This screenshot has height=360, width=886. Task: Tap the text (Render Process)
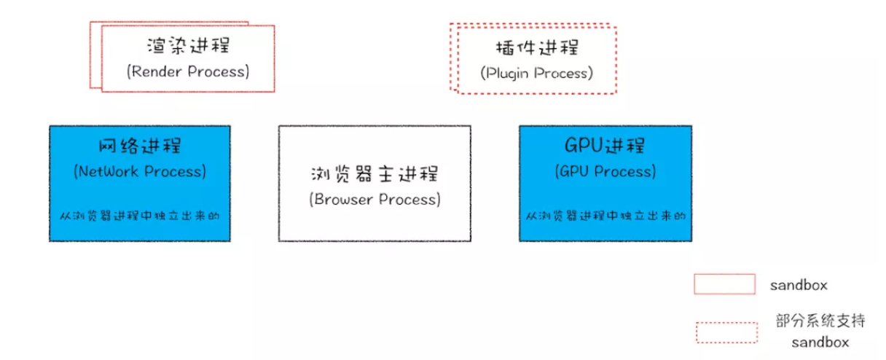pyautogui.click(x=188, y=71)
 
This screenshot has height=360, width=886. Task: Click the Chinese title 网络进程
pyautogui.click(x=140, y=145)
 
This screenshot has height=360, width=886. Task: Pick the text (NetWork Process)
pyautogui.click(x=140, y=171)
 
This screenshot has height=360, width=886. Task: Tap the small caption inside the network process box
pyautogui.click(x=140, y=216)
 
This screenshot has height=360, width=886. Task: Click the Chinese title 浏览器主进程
pyautogui.click(x=375, y=174)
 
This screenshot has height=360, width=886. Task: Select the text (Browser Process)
pyautogui.click(x=375, y=199)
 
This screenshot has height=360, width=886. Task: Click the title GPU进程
pyautogui.click(x=605, y=145)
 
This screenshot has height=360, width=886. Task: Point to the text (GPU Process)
pyautogui.click(x=605, y=171)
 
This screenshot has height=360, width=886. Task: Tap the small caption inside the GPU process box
pyautogui.click(x=605, y=216)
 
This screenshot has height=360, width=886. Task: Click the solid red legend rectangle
pyautogui.click(x=724, y=284)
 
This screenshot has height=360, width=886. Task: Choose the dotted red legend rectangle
pyautogui.click(x=726, y=332)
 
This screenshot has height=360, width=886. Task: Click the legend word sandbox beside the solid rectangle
pyautogui.click(x=799, y=286)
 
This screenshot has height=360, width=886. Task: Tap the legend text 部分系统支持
pyautogui.click(x=820, y=321)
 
